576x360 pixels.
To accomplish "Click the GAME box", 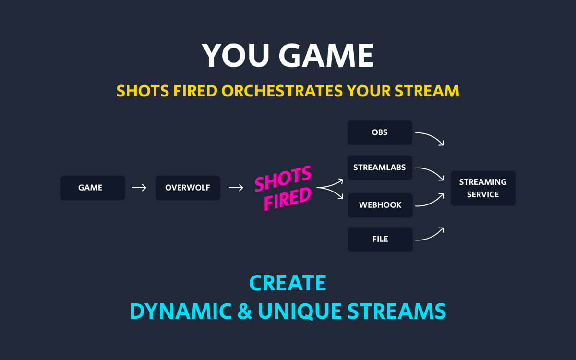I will pyautogui.click(x=93, y=188).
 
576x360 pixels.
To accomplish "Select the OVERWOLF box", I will pyautogui.click(x=188, y=188).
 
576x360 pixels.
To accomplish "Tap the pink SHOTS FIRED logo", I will pyautogui.click(x=283, y=188).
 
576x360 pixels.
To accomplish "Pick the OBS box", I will pyautogui.click(x=380, y=132).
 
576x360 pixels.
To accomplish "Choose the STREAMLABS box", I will pyautogui.click(x=380, y=168).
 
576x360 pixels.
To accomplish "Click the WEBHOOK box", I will pyautogui.click(x=380, y=205).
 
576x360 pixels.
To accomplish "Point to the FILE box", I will pyautogui.click(x=380, y=239).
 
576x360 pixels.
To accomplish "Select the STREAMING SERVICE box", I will pyautogui.click(x=482, y=188).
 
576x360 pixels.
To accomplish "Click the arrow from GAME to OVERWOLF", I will pyautogui.click(x=139, y=188).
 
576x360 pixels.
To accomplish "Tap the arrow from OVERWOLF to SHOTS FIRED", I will pyautogui.click(x=236, y=188).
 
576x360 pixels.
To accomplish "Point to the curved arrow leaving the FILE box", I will pyautogui.click(x=430, y=235).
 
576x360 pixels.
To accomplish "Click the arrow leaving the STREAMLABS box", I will pyautogui.click(x=430, y=173).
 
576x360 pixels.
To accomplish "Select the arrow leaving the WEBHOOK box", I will pyautogui.click(x=430, y=201).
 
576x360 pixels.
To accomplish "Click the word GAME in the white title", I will pyautogui.click(x=326, y=56).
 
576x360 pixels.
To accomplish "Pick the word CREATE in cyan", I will pyautogui.click(x=288, y=283).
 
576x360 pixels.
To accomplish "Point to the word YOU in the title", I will pyautogui.click(x=235, y=56).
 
